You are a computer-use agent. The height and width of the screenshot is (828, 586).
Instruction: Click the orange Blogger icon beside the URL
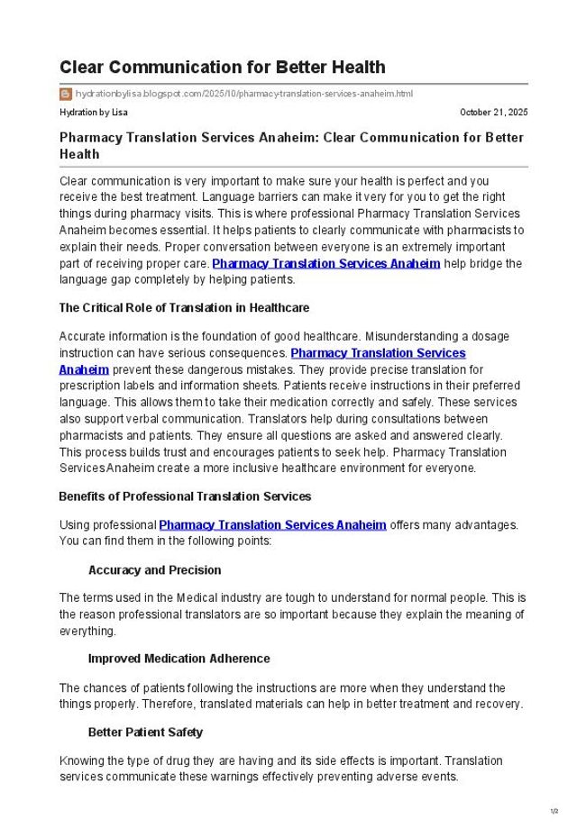click(66, 94)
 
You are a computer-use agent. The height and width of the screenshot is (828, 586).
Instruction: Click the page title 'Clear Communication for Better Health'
click(222, 68)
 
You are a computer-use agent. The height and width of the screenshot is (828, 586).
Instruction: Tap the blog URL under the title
click(243, 94)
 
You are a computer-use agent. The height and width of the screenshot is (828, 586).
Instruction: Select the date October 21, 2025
click(493, 113)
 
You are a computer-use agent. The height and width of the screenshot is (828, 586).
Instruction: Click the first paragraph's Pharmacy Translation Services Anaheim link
click(325, 263)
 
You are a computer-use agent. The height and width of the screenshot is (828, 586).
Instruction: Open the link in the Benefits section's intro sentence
click(272, 524)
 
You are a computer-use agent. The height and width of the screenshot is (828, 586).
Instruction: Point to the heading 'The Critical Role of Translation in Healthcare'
click(184, 308)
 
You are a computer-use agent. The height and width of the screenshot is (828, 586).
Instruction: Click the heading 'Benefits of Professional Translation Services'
click(185, 496)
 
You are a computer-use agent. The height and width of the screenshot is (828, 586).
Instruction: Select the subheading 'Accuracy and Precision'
click(154, 570)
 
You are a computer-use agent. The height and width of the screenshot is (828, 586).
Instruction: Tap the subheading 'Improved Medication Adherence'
click(179, 659)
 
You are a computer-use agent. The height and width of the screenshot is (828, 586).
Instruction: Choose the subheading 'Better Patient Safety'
click(145, 732)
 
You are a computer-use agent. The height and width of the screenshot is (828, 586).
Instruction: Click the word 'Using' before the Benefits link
click(74, 524)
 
